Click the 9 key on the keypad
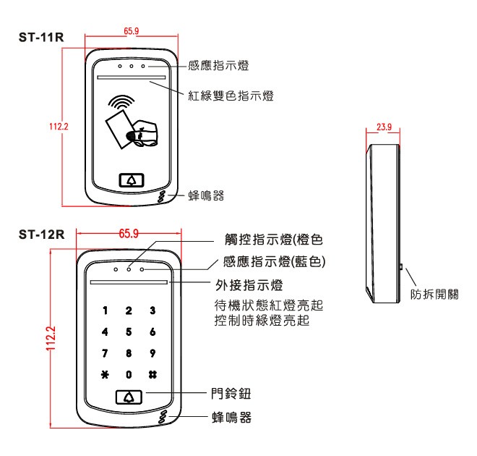point(152,355)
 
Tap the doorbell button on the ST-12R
point(129,397)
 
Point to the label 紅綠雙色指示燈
point(239,95)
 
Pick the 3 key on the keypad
point(152,311)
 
